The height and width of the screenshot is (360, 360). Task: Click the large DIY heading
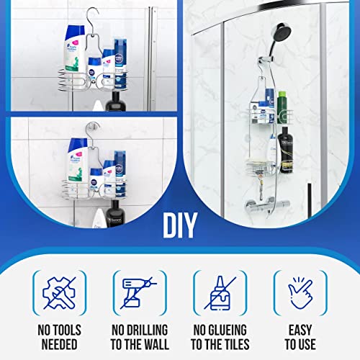pos(180,225)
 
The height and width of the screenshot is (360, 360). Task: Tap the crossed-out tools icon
pos(59,294)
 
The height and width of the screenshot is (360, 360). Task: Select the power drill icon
pos(139,294)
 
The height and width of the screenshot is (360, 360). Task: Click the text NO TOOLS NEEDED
pos(59,339)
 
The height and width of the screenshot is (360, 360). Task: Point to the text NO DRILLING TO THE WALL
pos(139,339)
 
